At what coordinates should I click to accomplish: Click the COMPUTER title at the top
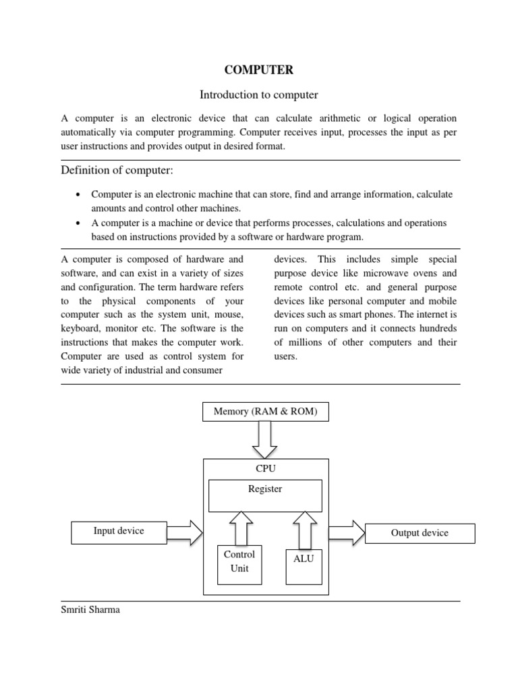pyautogui.click(x=260, y=69)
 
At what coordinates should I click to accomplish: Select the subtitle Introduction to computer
pyautogui.click(x=260, y=94)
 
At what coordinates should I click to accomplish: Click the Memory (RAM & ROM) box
pyautogui.click(x=265, y=411)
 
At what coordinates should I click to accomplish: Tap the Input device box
pyautogui.click(x=119, y=532)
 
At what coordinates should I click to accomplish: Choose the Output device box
pyautogui.click(x=420, y=533)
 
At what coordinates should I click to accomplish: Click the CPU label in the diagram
pyautogui.click(x=266, y=468)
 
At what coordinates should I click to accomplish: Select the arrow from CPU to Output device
pyautogui.click(x=347, y=532)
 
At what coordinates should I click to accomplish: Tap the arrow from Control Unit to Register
pyautogui.click(x=240, y=527)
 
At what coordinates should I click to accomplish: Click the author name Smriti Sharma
pyautogui.click(x=90, y=611)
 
